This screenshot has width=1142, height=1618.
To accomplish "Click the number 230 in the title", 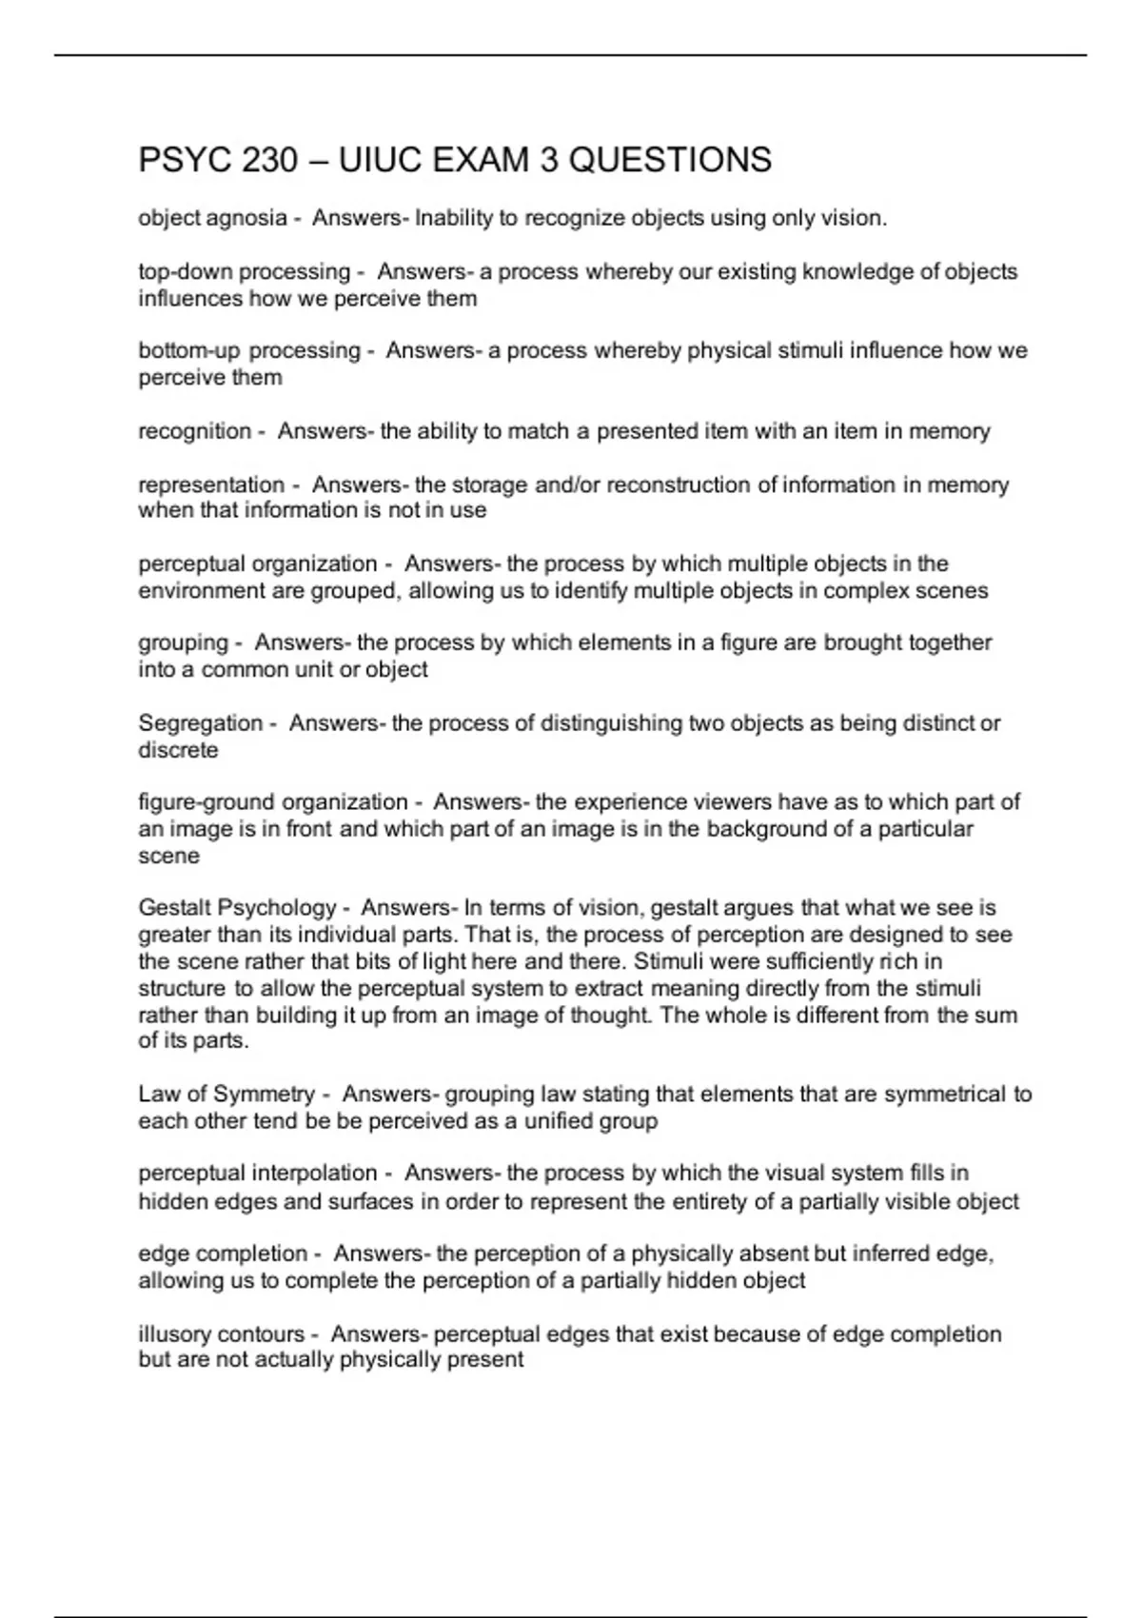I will pos(270,160).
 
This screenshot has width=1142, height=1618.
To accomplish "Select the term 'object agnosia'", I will pos(212,218).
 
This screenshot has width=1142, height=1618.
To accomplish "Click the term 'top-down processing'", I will pos(245,271).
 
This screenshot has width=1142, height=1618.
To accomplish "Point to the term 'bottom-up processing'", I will pos(249,350).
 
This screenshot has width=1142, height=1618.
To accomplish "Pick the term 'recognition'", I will pos(195,431).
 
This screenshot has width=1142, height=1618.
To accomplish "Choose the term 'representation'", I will pos(211,484).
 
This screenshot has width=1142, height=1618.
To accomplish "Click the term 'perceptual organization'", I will pos(258,563).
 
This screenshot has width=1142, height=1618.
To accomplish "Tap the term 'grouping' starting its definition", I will pos(184,642).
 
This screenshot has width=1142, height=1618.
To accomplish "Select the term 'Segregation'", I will pos(201,722).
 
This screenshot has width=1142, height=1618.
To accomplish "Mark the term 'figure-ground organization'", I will pos(273,801).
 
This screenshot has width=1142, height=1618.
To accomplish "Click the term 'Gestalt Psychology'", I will pos(237,907).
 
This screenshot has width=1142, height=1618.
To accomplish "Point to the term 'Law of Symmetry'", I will pos(226,1094).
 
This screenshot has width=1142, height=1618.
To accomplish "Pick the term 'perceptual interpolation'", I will pos(258,1173).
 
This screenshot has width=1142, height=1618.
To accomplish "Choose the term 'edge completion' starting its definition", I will pos(223,1253).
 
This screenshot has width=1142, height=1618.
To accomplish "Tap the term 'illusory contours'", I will pos(222,1334).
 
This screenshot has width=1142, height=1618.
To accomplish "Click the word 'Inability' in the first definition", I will pos(454,218).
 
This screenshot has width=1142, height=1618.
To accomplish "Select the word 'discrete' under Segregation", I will pos(178,750).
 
